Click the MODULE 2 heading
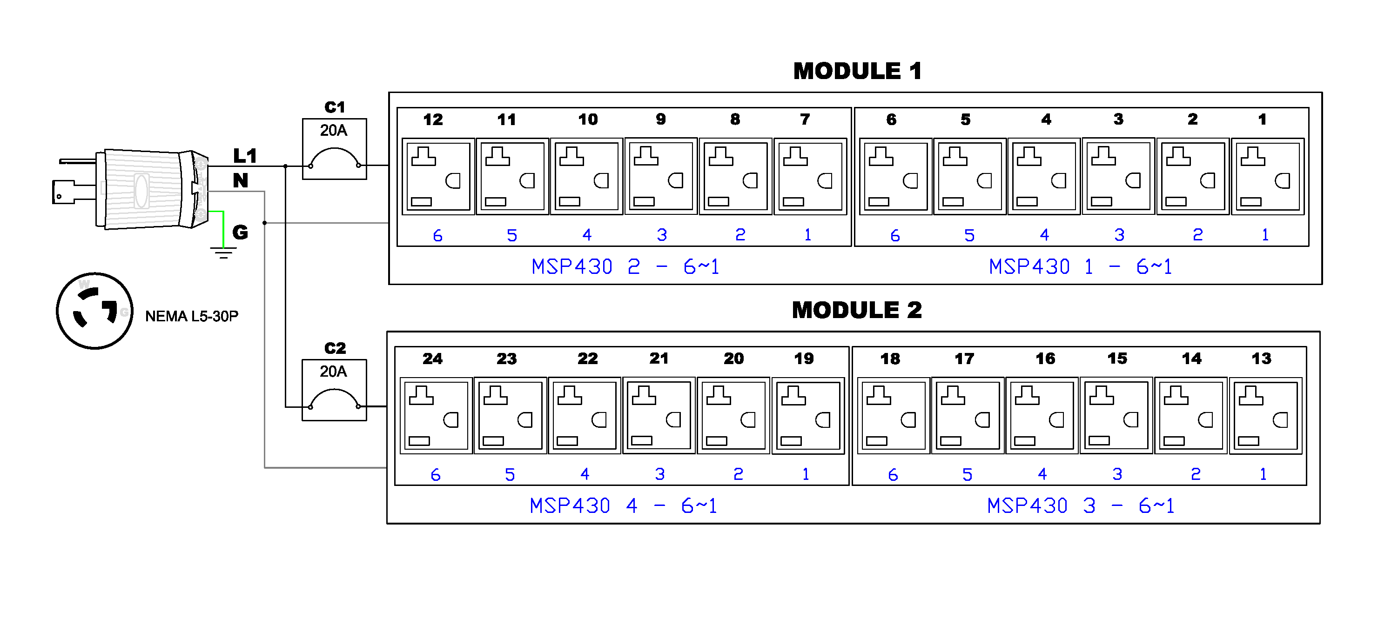click(x=856, y=310)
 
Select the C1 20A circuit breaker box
click(x=334, y=149)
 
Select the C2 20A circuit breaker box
click(x=334, y=390)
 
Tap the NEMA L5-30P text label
click(x=192, y=317)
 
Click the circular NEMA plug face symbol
click(x=94, y=311)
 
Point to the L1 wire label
click(x=245, y=156)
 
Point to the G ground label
click(x=240, y=232)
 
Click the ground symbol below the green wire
click(x=223, y=253)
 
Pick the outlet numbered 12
click(x=438, y=176)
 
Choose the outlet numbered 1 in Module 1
click(x=1267, y=176)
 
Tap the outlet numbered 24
click(x=436, y=415)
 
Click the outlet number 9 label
click(x=661, y=119)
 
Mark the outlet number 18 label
click(x=890, y=359)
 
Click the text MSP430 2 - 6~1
click(x=625, y=266)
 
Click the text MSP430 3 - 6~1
click(x=1081, y=505)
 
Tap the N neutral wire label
click(x=240, y=181)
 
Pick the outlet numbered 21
click(x=659, y=415)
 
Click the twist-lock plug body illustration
click(x=144, y=189)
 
